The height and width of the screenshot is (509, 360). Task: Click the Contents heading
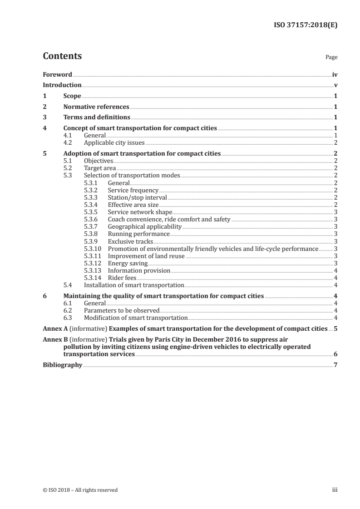(x=62, y=56)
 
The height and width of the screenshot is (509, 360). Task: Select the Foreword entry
(x=57, y=74)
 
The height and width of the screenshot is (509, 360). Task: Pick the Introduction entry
(x=62, y=85)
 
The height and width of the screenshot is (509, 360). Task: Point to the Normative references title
(x=96, y=107)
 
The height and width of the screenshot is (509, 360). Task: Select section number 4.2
(x=68, y=142)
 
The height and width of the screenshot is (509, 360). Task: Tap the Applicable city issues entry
(x=108, y=142)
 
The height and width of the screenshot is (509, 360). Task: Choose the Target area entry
(x=97, y=168)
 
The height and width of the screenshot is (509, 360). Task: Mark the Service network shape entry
(x=140, y=212)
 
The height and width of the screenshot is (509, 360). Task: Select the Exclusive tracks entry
(x=130, y=241)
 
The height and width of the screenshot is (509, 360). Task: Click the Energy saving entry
(x=128, y=263)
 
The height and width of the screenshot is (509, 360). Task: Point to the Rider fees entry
(x=122, y=278)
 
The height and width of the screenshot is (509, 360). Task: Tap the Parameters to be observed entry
(x=122, y=311)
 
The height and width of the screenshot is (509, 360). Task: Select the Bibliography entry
(x=62, y=365)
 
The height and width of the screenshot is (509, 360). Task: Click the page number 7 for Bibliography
(x=335, y=365)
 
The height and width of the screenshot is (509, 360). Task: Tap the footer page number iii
(x=335, y=490)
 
